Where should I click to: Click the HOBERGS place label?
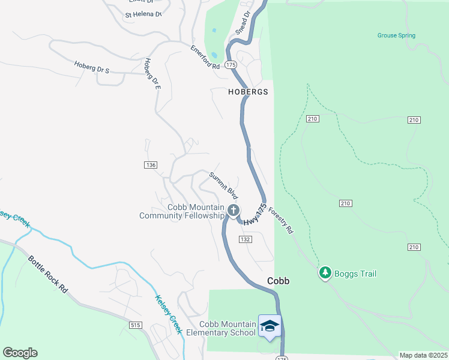click(x=247, y=92)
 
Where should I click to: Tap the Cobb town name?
click(x=278, y=281)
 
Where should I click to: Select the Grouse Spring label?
click(x=396, y=35)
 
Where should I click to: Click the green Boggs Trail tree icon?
click(x=325, y=274)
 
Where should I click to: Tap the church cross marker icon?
click(x=233, y=211)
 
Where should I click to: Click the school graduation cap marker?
click(x=270, y=326)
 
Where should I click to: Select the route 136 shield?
click(x=151, y=165)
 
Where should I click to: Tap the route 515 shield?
click(x=135, y=325)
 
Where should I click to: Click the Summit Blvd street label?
click(x=224, y=185)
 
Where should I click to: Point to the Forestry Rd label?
click(x=281, y=220)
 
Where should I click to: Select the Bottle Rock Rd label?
click(x=47, y=274)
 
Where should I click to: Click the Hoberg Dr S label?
click(x=92, y=67)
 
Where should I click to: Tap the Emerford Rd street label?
click(x=205, y=58)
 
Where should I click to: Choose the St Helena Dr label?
click(x=143, y=14)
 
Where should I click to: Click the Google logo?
click(x=20, y=353)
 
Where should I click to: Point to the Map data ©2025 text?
click(x=423, y=355)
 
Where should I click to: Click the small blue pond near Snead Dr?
click(x=214, y=55)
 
